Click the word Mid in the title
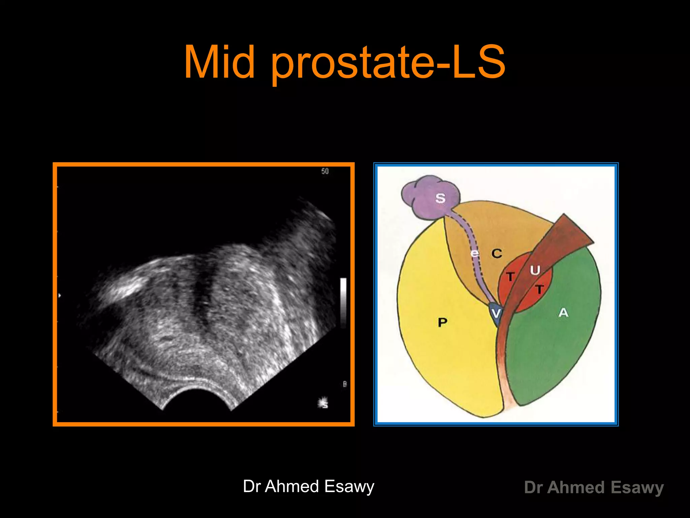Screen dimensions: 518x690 219,62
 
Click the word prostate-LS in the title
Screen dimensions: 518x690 387,64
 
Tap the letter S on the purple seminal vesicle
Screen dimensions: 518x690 440,198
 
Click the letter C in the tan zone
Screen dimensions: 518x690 497,253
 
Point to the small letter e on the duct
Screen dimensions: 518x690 475,253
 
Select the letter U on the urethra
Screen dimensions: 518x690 535,270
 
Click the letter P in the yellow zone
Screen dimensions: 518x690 442,322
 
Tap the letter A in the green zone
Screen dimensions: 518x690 563,313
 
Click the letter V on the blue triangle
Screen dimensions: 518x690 496,314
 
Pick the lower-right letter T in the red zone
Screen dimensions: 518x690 540,289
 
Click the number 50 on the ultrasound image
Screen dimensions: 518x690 325,171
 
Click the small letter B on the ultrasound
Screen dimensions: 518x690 345,384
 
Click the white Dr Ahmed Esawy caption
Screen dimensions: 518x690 308,486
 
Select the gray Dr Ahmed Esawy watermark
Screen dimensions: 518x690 594,487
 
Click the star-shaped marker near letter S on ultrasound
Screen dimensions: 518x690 323,403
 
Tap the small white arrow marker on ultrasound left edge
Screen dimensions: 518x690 60,295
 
